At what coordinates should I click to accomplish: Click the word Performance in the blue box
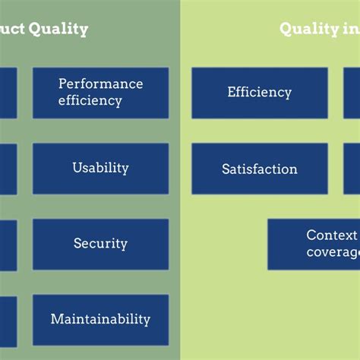click(100, 84)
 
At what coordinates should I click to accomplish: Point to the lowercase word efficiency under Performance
click(90, 100)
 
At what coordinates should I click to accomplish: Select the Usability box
click(100, 168)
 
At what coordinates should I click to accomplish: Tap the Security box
click(100, 244)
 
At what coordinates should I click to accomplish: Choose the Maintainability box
click(100, 320)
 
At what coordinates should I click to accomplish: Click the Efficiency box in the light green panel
click(259, 93)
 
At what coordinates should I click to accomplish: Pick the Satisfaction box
click(259, 169)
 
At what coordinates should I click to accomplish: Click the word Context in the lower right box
click(332, 235)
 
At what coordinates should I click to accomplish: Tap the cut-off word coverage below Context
click(333, 252)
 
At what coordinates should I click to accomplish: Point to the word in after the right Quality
click(347, 30)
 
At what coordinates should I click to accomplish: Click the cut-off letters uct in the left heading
click(11, 30)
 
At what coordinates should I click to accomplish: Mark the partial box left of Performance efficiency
click(8, 93)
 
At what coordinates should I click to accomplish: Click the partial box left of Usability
click(8, 168)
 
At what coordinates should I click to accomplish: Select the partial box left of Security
click(8, 245)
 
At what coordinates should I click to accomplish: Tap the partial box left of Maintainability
click(8, 320)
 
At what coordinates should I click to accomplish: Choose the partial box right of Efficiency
click(352, 93)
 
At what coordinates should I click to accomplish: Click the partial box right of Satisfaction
click(352, 169)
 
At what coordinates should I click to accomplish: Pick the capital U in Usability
click(77, 168)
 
